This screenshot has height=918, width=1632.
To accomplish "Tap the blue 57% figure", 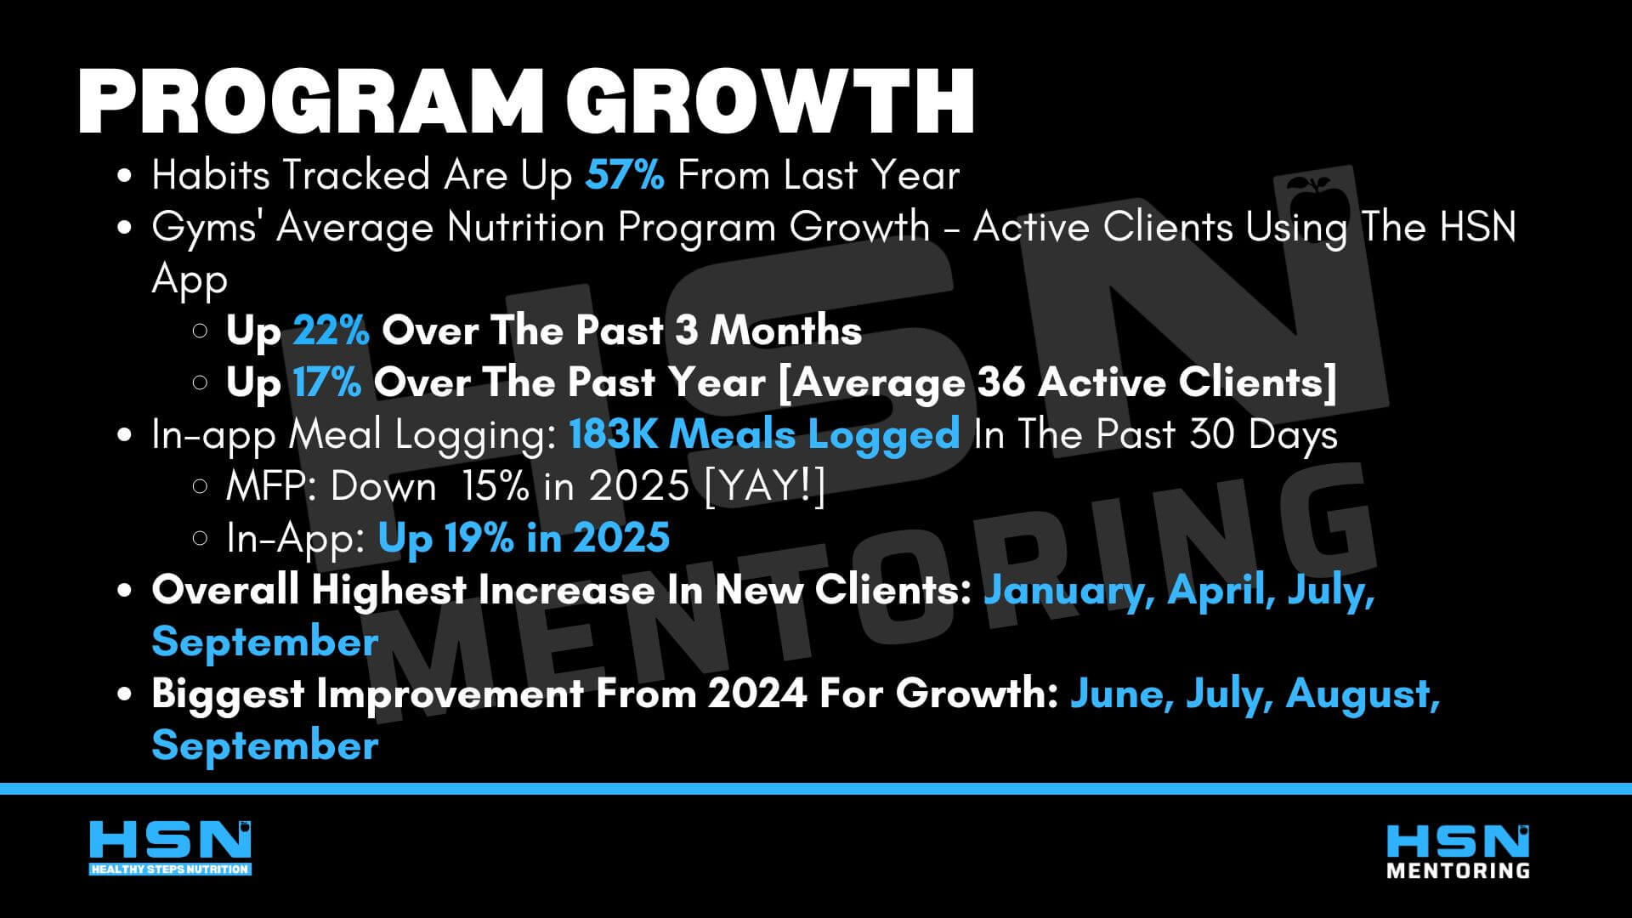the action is pyautogui.click(x=625, y=175).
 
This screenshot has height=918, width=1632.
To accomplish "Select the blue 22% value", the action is pyautogui.click(x=331, y=331).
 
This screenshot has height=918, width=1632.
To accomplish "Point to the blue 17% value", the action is pyautogui.click(x=327, y=382).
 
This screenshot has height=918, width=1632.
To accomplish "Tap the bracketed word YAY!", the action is pyautogui.click(x=765, y=486).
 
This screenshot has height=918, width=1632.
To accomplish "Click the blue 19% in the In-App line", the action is pyautogui.click(x=479, y=538).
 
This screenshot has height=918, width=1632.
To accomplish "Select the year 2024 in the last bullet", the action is pyautogui.click(x=756, y=694).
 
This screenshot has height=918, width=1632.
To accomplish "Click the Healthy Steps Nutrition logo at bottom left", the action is pyautogui.click(x=170, y=847).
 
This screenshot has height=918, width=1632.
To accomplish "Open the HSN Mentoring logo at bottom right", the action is pyautogui.click(x=1458, y=851).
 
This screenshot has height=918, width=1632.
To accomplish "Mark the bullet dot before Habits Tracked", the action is pyautogui.click(x=125, y=177).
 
